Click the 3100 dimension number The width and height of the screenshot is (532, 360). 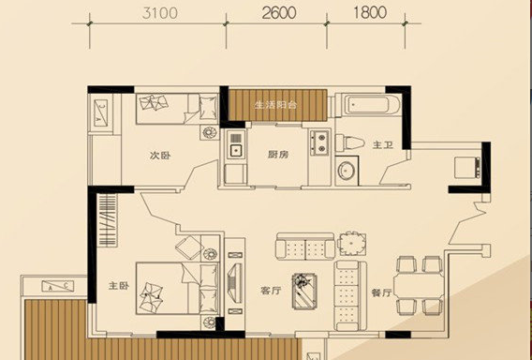click(160, 13)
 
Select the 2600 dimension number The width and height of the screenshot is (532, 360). click(279, 13)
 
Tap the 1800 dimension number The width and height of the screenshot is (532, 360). click(370, 13)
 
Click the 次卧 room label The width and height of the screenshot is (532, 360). click(160, 156)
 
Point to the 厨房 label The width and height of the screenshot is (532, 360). click(278, 155)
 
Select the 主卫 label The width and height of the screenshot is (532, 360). click(383, 145)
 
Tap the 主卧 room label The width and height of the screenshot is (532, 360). click(119, 286)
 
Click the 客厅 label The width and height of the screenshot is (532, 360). click(271, 291)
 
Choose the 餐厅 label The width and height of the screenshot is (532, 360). click(382, 292)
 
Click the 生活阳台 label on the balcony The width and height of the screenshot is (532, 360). click(276, 105)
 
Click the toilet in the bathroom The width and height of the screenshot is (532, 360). click(349, 143)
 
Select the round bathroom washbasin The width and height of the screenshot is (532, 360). click(347, 171)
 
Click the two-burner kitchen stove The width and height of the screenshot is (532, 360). click(319, 142)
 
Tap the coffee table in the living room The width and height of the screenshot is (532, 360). click(304, 291)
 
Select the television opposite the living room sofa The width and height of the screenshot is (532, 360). click(235, 283)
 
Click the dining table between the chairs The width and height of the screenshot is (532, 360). click(419, 286)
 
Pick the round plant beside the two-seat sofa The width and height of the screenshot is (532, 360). click(351, 244)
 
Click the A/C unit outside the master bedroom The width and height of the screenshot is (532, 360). click(58, 286)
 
